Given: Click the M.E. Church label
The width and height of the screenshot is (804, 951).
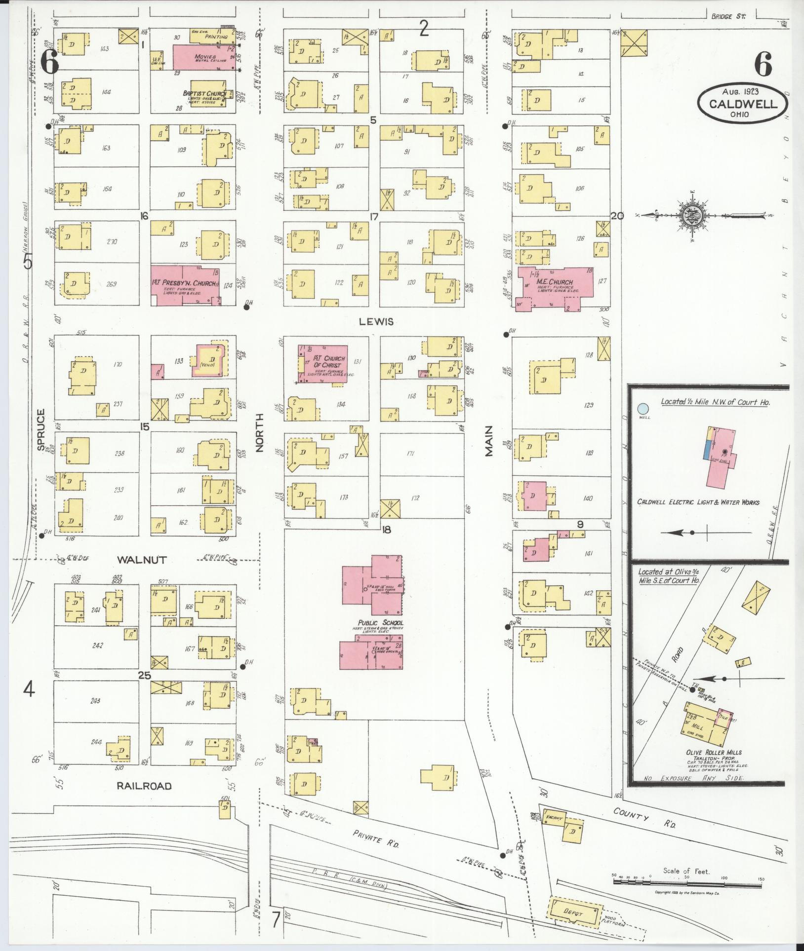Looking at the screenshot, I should [555, 283].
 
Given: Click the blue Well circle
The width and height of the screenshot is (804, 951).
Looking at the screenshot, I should [643, 409].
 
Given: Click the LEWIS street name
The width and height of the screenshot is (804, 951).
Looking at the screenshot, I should [376, 322].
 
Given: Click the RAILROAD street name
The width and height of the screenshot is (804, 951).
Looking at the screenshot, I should [144, 786].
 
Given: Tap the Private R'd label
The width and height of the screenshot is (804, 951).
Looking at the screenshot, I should [376, 838].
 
